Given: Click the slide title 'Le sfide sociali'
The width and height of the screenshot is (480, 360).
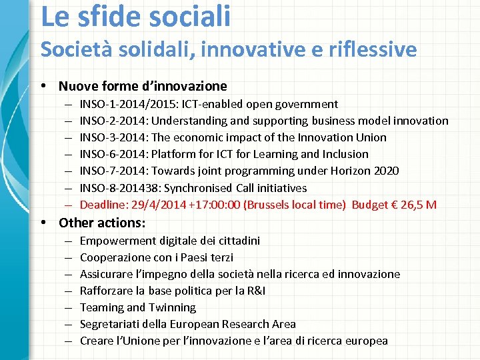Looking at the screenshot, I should coord(136,15).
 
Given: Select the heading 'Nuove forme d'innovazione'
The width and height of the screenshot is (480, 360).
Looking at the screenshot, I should coord(143,86).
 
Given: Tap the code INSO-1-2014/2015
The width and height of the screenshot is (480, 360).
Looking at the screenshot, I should coord(129,104).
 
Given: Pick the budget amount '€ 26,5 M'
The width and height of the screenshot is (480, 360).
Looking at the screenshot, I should coord(414,205).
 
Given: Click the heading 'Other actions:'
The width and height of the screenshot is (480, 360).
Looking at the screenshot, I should coord(102,223).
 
